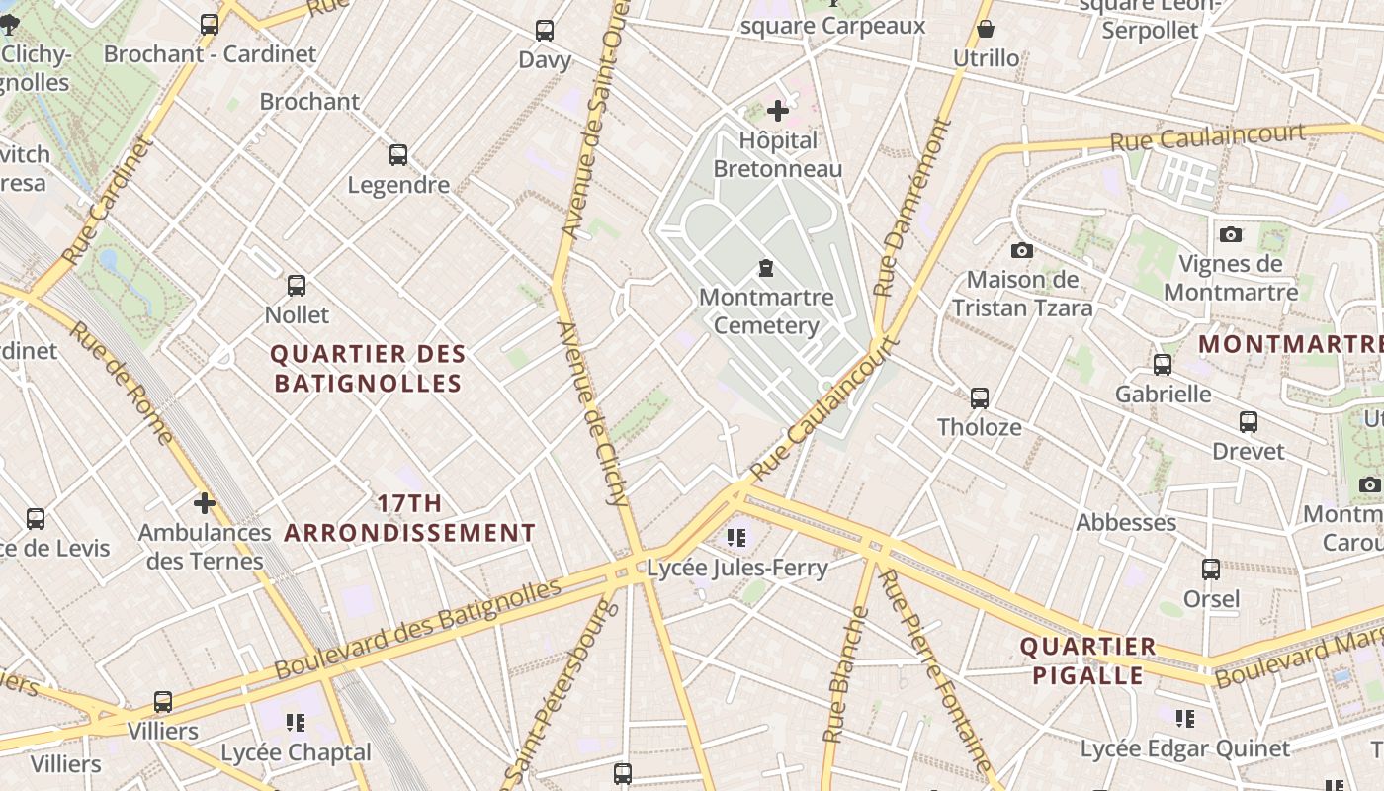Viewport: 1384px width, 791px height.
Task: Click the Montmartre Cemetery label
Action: point(766,311)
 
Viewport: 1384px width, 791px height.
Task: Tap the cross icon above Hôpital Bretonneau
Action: point(778,110)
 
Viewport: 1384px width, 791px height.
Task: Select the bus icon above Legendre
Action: point(398,155)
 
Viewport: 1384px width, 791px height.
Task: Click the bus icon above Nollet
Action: point(297,286)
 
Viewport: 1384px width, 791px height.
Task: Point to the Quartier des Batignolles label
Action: point(368,369)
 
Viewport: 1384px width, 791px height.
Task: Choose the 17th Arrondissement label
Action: point(410,518)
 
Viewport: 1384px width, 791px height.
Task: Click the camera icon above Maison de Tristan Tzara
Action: point(1022,251)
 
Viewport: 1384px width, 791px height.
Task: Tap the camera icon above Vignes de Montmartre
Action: point(1231,234)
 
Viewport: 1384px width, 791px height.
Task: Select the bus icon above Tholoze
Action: point(979,398)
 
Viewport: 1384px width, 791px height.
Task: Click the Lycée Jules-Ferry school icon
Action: point(736,538)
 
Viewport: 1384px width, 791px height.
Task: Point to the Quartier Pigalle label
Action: point(1087,660)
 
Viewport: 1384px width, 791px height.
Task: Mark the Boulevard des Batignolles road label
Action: point(418,628)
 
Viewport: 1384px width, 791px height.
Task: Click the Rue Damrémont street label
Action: point(911,208)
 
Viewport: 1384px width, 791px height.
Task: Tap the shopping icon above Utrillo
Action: point(986,29)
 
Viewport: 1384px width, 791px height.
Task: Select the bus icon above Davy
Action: point(545,31)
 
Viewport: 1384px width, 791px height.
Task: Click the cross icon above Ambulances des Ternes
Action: point(205,503)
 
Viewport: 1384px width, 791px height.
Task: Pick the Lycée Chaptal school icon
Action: point(296,723)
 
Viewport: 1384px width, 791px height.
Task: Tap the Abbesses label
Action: point(1126,522)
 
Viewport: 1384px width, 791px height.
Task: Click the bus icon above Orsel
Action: point(1211,570)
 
